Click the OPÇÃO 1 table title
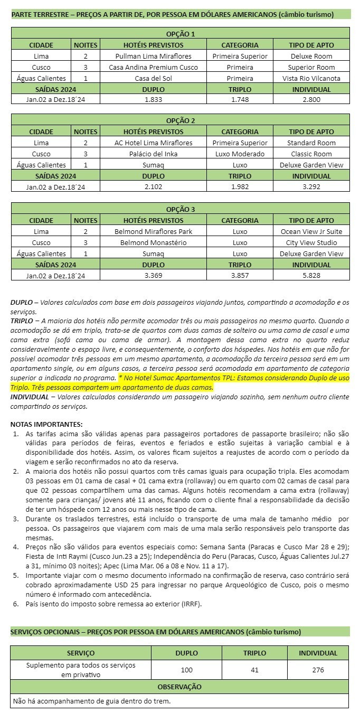181,34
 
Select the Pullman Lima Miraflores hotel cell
153,56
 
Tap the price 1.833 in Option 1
153,100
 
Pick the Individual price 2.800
311,100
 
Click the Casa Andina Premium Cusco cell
153,67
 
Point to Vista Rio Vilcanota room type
311,78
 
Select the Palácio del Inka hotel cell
153,154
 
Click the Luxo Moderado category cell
240,154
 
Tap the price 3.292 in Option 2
311,186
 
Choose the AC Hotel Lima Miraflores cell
153,143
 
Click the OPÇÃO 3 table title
181,209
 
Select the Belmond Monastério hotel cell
153,242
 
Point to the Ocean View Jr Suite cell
311,231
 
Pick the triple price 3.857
240,275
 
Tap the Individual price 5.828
311,275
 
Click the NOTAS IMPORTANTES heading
46,424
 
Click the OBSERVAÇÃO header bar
179,687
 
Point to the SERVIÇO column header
81,653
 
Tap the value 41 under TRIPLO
254,670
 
